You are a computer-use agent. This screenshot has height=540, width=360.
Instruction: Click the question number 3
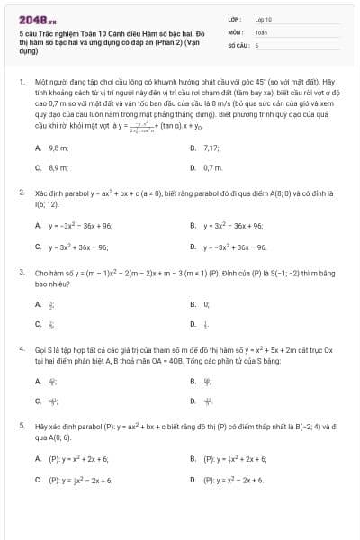(x=21, y=271)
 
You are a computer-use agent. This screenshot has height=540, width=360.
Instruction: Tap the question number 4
(x=21, y=346)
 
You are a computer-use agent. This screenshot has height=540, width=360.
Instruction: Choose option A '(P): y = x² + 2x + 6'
(x=77, y=458)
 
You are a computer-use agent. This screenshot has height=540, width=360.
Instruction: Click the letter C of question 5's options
(x=38, y=480)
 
